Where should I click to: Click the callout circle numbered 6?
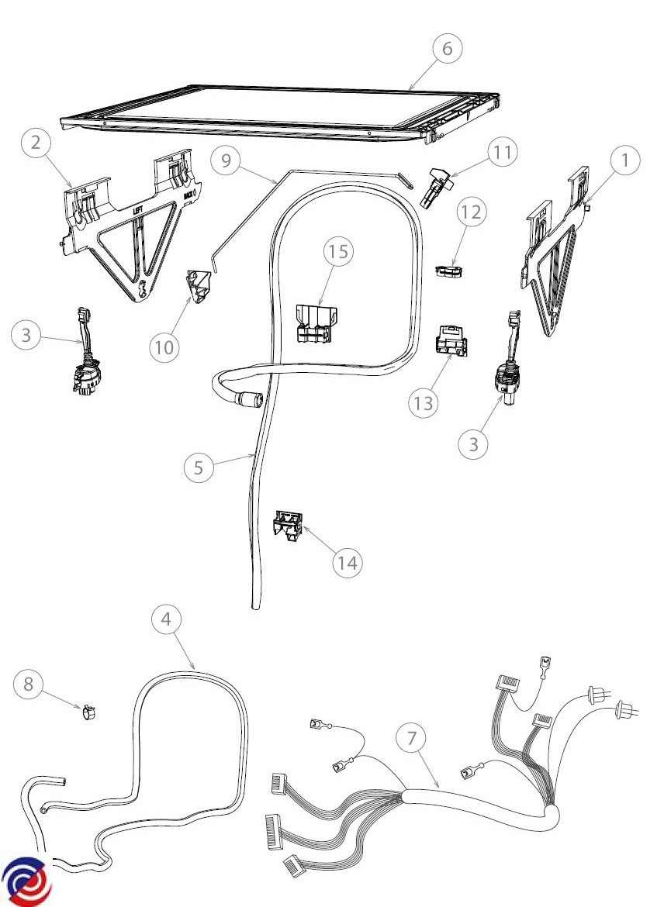pos(447,48)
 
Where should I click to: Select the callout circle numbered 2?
pos(36,143)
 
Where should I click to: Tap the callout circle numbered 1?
pos(625,161)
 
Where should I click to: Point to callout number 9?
pos(227,161)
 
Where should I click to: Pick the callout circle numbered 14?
pos(348,563)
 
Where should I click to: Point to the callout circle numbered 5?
pos(199,467)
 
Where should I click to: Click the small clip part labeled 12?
pos(449,271)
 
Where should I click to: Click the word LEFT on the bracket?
pos(137,208)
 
